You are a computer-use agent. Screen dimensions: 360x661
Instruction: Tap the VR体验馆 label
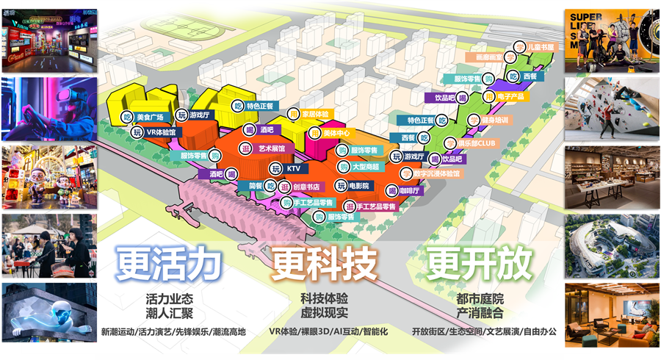point(161,132)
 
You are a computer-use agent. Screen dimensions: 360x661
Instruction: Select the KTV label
point(294,169)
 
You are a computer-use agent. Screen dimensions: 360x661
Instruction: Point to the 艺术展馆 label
point(272,148)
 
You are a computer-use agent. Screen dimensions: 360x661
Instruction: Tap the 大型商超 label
point(365,167)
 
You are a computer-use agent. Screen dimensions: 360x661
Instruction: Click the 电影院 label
point(359,185)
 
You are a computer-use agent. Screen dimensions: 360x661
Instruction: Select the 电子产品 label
point(510,96)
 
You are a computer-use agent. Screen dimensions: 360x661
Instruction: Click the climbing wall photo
point(613,107)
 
